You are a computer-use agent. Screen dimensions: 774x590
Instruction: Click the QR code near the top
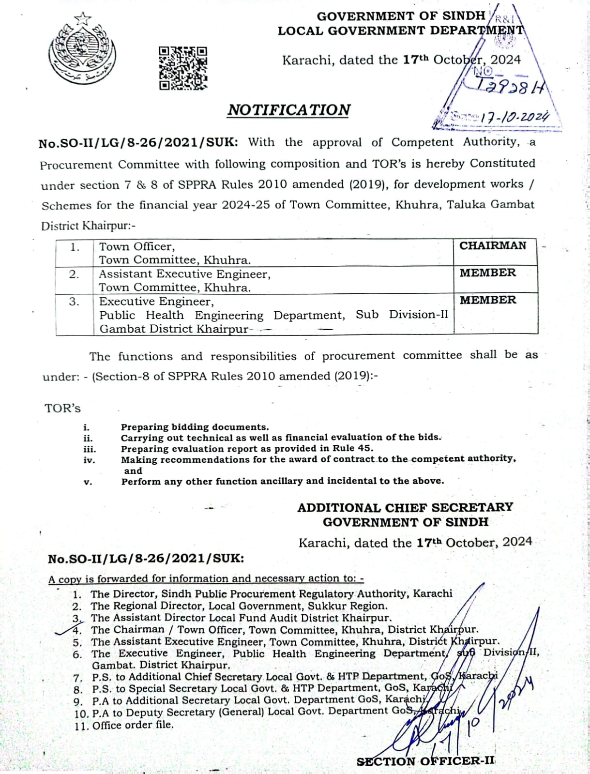[x=183, y=68]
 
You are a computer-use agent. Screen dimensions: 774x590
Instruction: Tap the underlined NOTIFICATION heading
[x=289, y=110]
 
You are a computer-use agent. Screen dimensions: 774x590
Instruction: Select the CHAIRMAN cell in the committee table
[x=493, y=246]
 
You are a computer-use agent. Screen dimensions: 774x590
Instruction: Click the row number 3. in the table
[x=74, y=302]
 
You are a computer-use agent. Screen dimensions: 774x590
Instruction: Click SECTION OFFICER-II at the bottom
[x=425, y=761]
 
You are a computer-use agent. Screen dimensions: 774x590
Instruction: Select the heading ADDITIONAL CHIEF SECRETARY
[x=405, y=508]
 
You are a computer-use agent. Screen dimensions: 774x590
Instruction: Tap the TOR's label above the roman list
[x=62, y=409]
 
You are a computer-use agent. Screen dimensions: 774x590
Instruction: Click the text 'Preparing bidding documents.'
[x=195, y=427]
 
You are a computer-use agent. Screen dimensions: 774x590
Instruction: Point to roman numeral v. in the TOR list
[x=88, y=482]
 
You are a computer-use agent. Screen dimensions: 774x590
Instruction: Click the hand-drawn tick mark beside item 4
[x=64, y=631]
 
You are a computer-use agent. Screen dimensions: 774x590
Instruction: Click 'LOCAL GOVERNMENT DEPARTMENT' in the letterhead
[x=401, y=30]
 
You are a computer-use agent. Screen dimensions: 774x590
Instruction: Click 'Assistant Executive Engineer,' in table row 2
[x=184, y=274]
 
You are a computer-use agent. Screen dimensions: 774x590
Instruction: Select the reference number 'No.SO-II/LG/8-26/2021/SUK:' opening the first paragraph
[x=138, y=143]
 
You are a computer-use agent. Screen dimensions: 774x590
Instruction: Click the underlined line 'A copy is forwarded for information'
[x=206, y=579]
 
